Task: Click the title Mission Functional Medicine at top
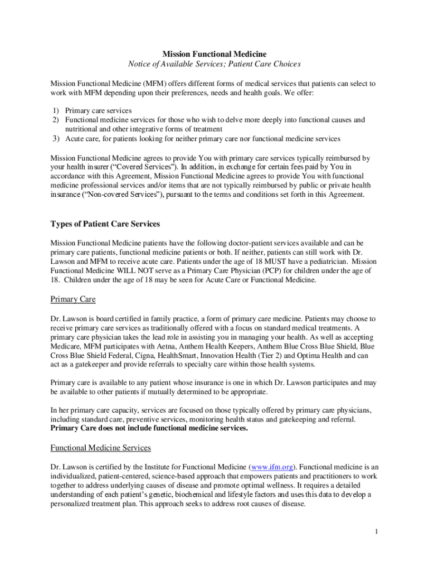click(x=214, y=54)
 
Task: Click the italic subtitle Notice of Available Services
click(x=214, y=64)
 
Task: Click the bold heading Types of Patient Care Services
click(x=105, y=224)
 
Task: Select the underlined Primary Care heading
click(x=73, y=299)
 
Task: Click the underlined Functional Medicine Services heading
click(x=101, y=448)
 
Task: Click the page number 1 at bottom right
click(x=377, y=531)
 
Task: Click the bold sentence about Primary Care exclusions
click(x=149, y=428)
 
